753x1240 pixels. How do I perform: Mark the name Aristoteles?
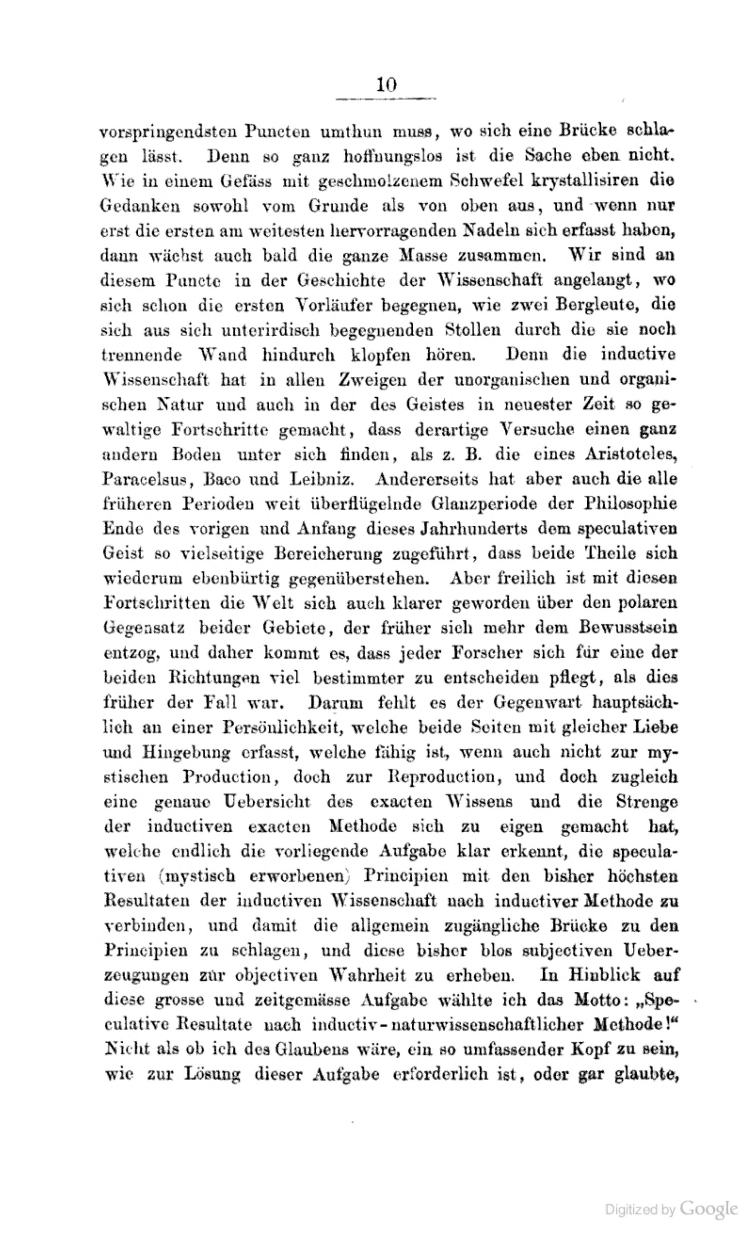[x=631, y=454]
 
